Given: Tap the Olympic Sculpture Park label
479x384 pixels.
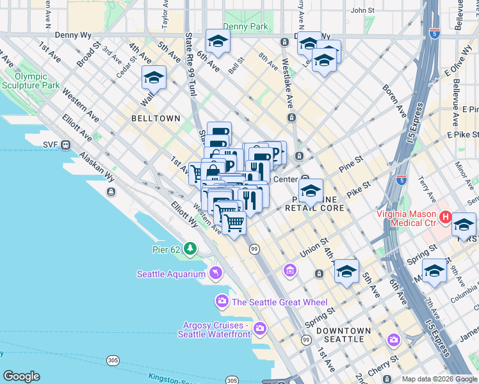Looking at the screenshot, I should point(30,79).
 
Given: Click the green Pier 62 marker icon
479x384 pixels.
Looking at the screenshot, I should point(190,248).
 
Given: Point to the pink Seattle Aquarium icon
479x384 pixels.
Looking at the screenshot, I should point(215,273).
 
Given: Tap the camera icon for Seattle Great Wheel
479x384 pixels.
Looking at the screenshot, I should point(222,301).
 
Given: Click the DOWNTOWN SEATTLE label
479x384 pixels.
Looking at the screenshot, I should point(344,335).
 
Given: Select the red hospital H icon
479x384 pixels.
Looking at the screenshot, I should point(446,218).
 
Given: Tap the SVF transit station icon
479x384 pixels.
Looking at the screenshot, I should point(65,145).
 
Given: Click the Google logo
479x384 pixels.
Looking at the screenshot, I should point(21,376).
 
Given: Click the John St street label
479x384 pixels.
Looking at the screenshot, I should point(362,10).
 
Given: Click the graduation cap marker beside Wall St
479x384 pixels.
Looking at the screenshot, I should point(154,77).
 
